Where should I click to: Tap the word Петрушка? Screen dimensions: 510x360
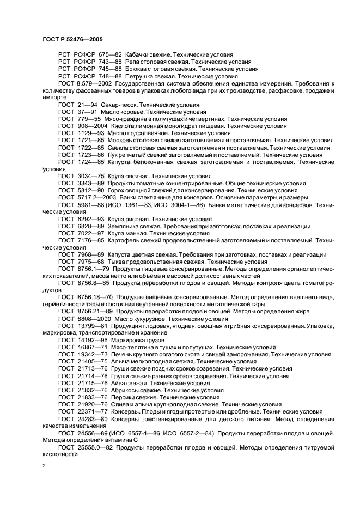[x=139, y=76]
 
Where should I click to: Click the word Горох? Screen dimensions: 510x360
[x=118, y=190]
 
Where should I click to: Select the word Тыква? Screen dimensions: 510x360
[x=118, y=262]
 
